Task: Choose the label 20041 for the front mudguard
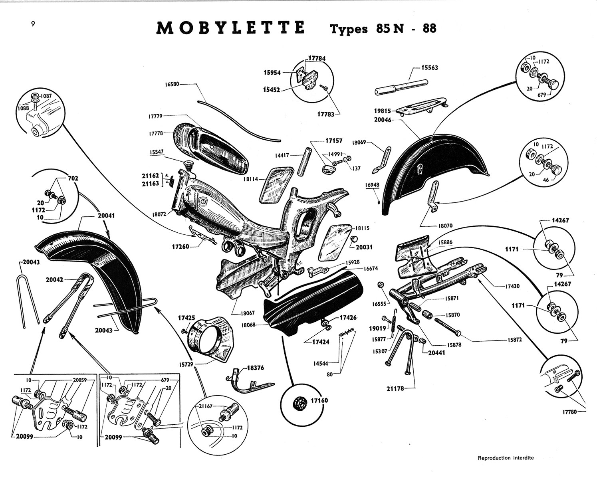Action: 107,215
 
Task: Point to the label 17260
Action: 181,247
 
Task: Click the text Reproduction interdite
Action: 506,458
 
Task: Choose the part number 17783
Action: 326,114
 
